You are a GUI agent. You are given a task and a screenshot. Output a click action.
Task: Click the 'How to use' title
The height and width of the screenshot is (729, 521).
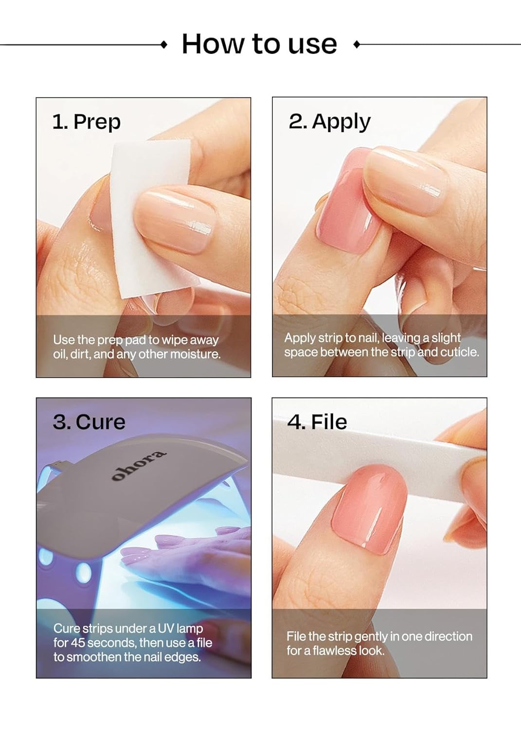[x=259, y=44]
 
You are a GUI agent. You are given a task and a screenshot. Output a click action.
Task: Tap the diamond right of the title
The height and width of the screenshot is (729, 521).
[x=357, y=45]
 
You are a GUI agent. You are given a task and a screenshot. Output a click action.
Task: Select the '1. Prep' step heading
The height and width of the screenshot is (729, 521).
[x=86, y=121]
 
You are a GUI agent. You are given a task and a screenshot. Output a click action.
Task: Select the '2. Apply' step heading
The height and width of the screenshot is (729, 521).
[x=329, y=121]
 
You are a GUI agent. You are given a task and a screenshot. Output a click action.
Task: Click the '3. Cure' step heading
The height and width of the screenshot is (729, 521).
[x=89, y=421]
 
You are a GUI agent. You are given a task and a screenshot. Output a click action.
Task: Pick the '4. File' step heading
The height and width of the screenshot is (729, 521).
[x=317, y=422]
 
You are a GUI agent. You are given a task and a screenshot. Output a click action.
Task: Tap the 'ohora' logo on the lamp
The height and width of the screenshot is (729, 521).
[x=139, y=466]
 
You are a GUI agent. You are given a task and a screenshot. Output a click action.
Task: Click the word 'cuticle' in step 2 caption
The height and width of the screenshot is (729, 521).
[x=459, y=352]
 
